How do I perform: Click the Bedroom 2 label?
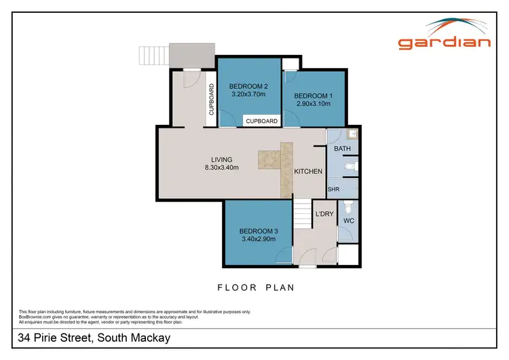pos(248,86)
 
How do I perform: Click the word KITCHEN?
pos(307,172)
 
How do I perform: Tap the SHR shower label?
pos(333,190)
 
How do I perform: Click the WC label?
pos(349,221)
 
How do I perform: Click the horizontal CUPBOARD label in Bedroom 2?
pos(261,121)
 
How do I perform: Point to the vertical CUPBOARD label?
pos(212,99)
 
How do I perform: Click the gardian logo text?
pos(445,42)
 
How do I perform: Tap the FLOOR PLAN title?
pos(256,287)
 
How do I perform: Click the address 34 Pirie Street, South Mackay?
pos(94,338)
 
